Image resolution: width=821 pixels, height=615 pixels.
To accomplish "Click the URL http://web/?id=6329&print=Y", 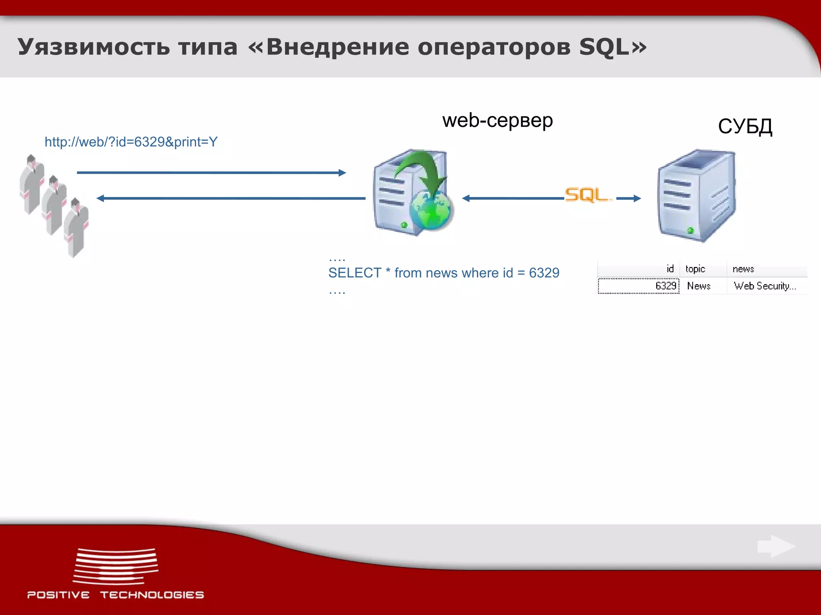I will click(x=131, y=142).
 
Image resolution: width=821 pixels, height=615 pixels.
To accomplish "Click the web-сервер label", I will click(x=497, y=120).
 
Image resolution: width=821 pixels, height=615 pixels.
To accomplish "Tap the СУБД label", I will click(x=745, y=127).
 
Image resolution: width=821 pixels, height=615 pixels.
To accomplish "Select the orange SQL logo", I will click(x=588, y=195).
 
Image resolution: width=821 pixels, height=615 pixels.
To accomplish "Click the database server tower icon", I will click(x=697, y=195).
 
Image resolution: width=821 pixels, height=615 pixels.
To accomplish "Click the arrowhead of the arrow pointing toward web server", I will click(x=342, y=173).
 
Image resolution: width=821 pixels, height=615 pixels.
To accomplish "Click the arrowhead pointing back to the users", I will click(x=100, y=198).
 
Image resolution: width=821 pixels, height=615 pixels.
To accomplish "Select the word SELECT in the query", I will click(x=354, y=273).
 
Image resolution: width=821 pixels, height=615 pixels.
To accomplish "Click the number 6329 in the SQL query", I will click(x=544, y=273).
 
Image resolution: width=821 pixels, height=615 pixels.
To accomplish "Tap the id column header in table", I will click(x=670, y=269).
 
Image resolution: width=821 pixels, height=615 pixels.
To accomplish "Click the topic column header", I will click(x=695, y=269).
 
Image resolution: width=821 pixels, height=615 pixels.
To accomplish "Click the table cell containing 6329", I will click(x=665, y=286).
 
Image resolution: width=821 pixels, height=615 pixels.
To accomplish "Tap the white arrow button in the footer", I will click(x=776, y=546).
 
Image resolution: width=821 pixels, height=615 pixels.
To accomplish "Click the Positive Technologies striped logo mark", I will click(x=115, y=566).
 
